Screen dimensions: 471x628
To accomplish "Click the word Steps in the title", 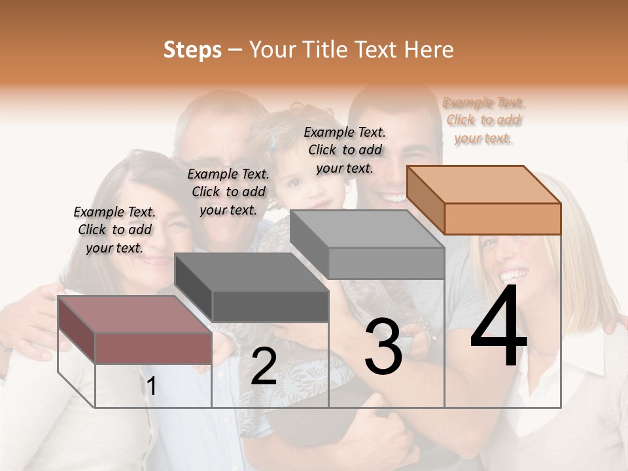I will coord(192,50).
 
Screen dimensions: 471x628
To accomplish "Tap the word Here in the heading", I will coord(428,50).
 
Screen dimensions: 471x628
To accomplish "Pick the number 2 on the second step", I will coord(264,366).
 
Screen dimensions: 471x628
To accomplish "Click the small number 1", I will coord(151,387).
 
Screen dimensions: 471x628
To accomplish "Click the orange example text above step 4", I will coord(483,120).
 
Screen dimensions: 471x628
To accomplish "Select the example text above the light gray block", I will coord(345,150).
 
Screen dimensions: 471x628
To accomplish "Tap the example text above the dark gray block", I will coord(228,192).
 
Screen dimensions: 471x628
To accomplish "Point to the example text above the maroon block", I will coord(114,230).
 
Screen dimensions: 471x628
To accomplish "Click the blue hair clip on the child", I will coord(275,139).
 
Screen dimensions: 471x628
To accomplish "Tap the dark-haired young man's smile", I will coord(394,197).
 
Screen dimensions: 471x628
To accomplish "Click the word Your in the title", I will coord(273,50).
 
